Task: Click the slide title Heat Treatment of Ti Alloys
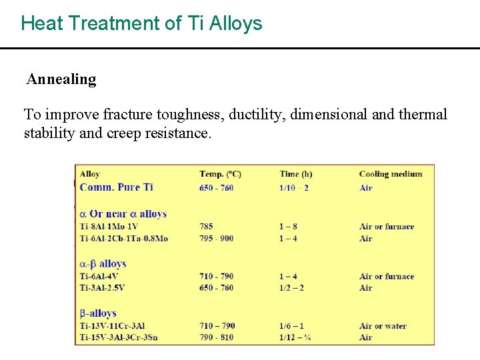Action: coord(141,23)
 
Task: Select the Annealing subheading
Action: coord(61,79)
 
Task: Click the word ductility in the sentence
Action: coord(258,114)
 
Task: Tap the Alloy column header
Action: coord(90,174)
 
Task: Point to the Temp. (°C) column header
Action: coord(220,174)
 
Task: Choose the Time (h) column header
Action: coord(296,174)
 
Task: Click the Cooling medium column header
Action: coord(391,174)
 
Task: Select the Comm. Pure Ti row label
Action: coord(116,187)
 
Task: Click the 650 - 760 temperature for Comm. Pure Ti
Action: coord(216,188)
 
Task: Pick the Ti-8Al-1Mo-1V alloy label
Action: coord(109,227)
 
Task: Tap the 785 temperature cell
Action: coord(206,227)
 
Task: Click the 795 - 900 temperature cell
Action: coord(216,238)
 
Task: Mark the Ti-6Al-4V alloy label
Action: coord(99,276)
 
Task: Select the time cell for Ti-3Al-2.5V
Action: coord(292,288)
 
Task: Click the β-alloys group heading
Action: coord(98,313)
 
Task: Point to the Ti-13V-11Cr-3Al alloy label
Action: coord(112,326)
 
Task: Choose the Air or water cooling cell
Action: coord(383,326)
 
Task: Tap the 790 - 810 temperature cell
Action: coord(216,337)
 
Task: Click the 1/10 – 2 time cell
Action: coord(294,188)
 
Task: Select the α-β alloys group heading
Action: coord(103,264)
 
